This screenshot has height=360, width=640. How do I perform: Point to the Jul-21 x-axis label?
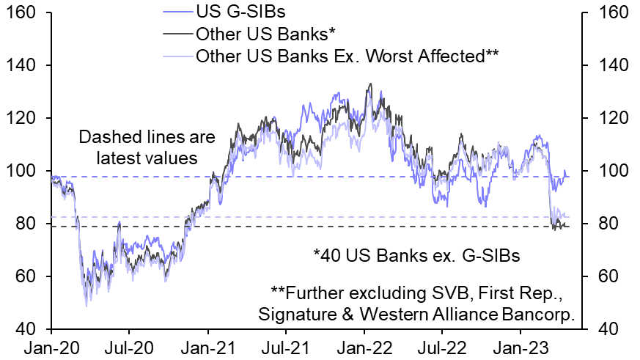(285, 347)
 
